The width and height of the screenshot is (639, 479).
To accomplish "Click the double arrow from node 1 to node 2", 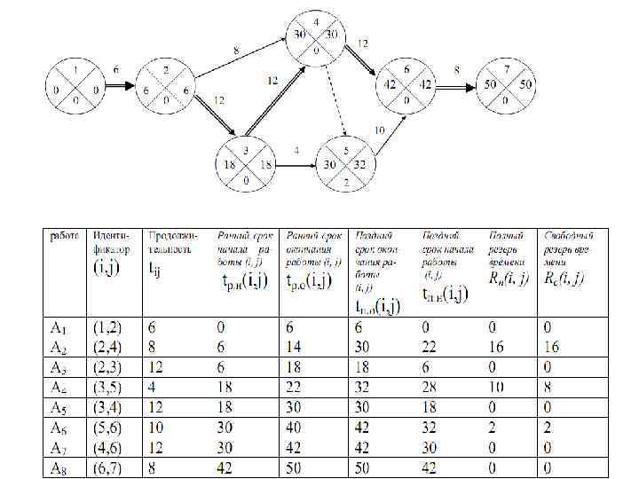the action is (119, 87).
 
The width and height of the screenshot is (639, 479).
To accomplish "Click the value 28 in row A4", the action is (432, 386).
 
